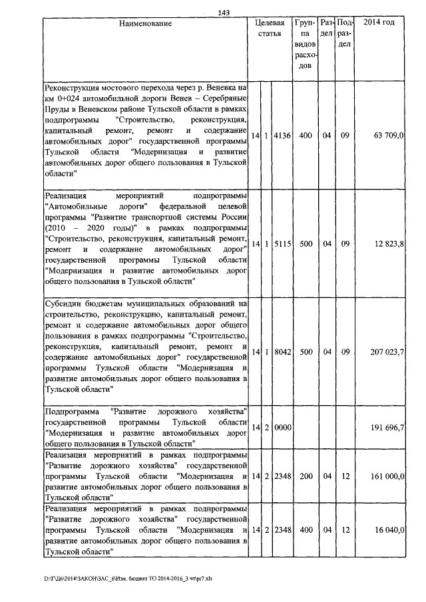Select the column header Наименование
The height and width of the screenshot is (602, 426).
click(x=145, y=23)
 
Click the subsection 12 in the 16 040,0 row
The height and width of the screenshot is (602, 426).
click(x=345, y=529)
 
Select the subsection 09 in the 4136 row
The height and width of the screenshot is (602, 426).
click(x=345, y=136)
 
